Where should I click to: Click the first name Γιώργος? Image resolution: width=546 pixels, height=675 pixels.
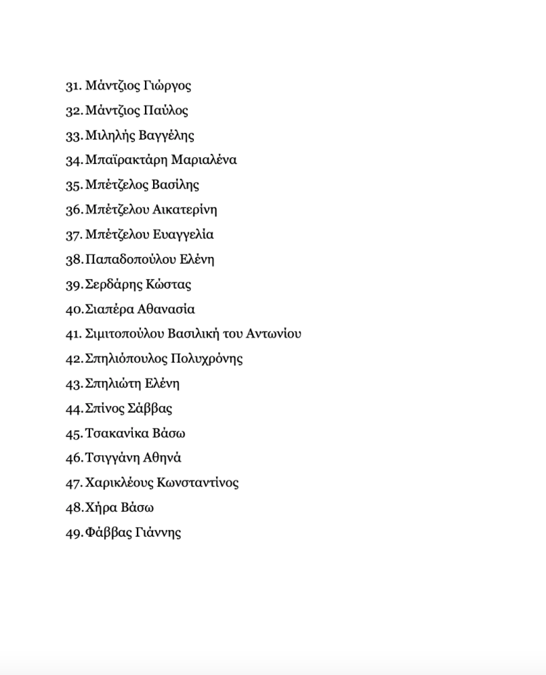point(167,86)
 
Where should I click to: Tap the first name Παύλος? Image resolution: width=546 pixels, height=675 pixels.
point(165,110)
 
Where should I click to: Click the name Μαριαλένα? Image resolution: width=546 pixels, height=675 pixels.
point(204,160)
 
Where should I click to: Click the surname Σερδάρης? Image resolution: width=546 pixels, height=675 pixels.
point(113,285)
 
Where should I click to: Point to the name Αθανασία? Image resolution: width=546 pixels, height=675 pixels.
point(166,309)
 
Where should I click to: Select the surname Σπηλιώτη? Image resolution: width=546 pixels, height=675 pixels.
point(114,384)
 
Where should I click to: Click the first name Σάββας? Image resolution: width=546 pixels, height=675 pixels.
point(150,409)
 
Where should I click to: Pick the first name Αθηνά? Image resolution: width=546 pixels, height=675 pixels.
point(163,458)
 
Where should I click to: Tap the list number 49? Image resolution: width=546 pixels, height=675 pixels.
point(74,533)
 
